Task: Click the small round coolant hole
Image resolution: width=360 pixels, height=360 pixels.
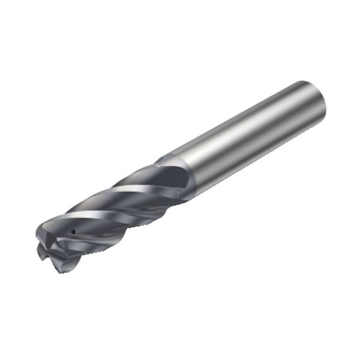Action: tap(73, 231)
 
